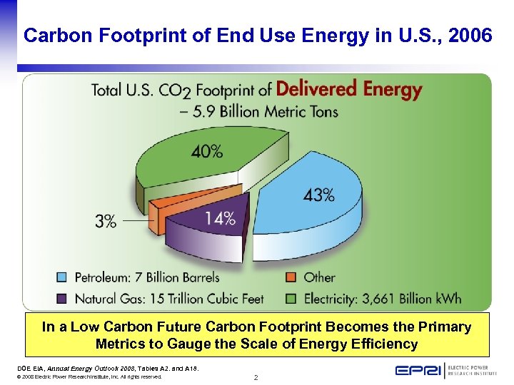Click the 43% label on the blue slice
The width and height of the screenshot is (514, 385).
tap(318, 195)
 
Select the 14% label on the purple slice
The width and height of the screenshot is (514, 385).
tap(220, 219)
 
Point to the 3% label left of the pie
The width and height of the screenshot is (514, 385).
tap(105, 221)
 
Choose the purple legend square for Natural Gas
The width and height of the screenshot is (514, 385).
tap(62, 298)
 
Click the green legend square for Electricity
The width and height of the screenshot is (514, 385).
tap(291, 298)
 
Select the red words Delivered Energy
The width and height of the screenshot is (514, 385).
tap(349, 90)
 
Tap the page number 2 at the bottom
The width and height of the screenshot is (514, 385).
tap(256, 377)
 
